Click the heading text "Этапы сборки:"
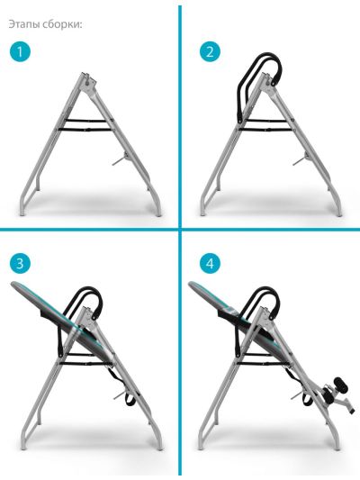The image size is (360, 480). tap(45, 24)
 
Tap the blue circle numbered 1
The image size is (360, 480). tap(20, 51)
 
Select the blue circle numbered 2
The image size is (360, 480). tap(210, 51)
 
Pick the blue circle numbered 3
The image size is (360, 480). tap(20, 263)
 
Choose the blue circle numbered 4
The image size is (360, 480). tap(210, 263)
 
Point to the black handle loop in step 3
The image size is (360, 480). tap(89, 290)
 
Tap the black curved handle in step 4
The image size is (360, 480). tap(266, 290)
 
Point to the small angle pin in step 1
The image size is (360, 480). tap(120, 159)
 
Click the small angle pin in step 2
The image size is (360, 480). tap(301, 159)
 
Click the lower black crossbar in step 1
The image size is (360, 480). tap(85, 130)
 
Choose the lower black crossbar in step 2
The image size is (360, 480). tap(265, 130)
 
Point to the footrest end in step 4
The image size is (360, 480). tap(351, 410)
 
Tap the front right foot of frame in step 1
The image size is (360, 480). tap(158, 213)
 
